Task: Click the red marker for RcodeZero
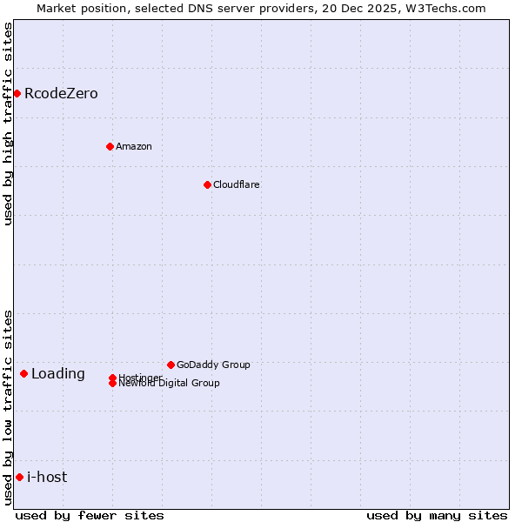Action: pyautogui.click(x=17, y=93)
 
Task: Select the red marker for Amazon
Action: pyautogui.click(x=110, y=146)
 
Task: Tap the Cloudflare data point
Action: pyautogui.click(x=207, y=184)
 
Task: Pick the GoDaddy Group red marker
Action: pyautogui.click(x=171, y=365)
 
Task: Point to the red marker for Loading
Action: pyautogui.click(x=23, y=373)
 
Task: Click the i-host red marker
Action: pyautogui.click(x=19, y=477)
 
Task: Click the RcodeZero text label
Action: pyautogui.click(x=61, y=93)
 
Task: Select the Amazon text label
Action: pyautogui.click(x=133, y=146)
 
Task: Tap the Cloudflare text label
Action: pyautogui.click(x=236, y=184)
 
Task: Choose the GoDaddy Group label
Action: pyautogui.click(x=213, y=365)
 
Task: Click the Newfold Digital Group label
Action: pyautogui.click(x=169, y=383)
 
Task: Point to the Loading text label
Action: pyautogui.click(x=58, y=374)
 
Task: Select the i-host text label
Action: pyautogui.click(x=47, y=477)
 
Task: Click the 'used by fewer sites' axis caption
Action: pyautogui.click(x=90, y=515)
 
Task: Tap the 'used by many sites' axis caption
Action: pyautogui.click(x=437, y=515)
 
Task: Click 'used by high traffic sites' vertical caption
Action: pyautogui.click(x=9, y=124)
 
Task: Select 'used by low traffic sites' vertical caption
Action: pyautogui.click(x=9, y=407)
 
